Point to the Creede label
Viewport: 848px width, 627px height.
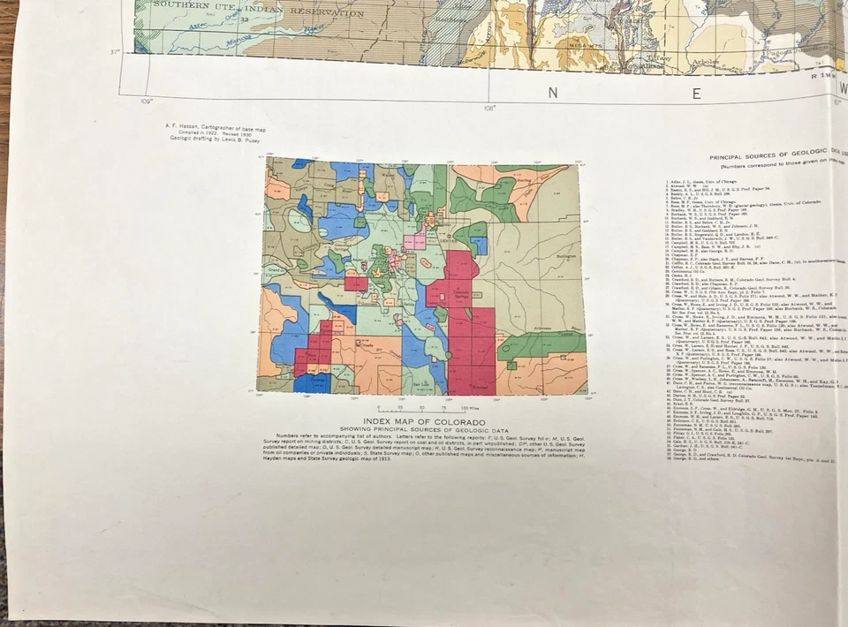tap(362, 347)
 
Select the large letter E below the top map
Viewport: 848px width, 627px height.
tap(696, 93)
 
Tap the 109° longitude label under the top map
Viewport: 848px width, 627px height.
tap(146, 102)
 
